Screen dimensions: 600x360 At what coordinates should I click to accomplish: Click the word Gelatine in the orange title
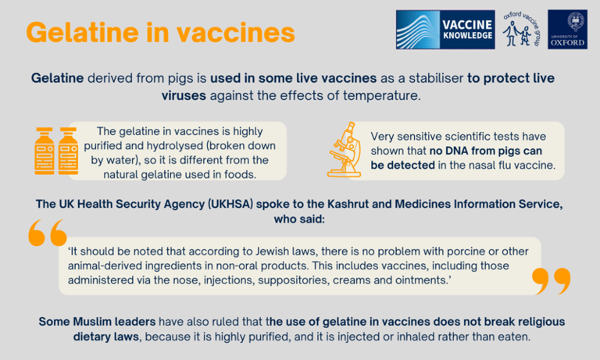(82, 33)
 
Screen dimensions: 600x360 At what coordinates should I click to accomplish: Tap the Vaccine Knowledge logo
(445, 30)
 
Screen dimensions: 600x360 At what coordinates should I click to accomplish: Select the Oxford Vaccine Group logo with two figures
(521, 29)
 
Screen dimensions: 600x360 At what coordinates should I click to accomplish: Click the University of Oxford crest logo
(567, 30)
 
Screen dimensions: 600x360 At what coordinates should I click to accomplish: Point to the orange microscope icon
(345, 150)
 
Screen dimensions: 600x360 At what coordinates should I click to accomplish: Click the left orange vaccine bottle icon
(45, 151)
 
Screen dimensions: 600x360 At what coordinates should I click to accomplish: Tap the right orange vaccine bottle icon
(69, 151)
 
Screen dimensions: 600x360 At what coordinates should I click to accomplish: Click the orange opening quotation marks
(48, 233)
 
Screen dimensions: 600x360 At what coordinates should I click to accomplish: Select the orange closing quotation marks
(552, 281)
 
